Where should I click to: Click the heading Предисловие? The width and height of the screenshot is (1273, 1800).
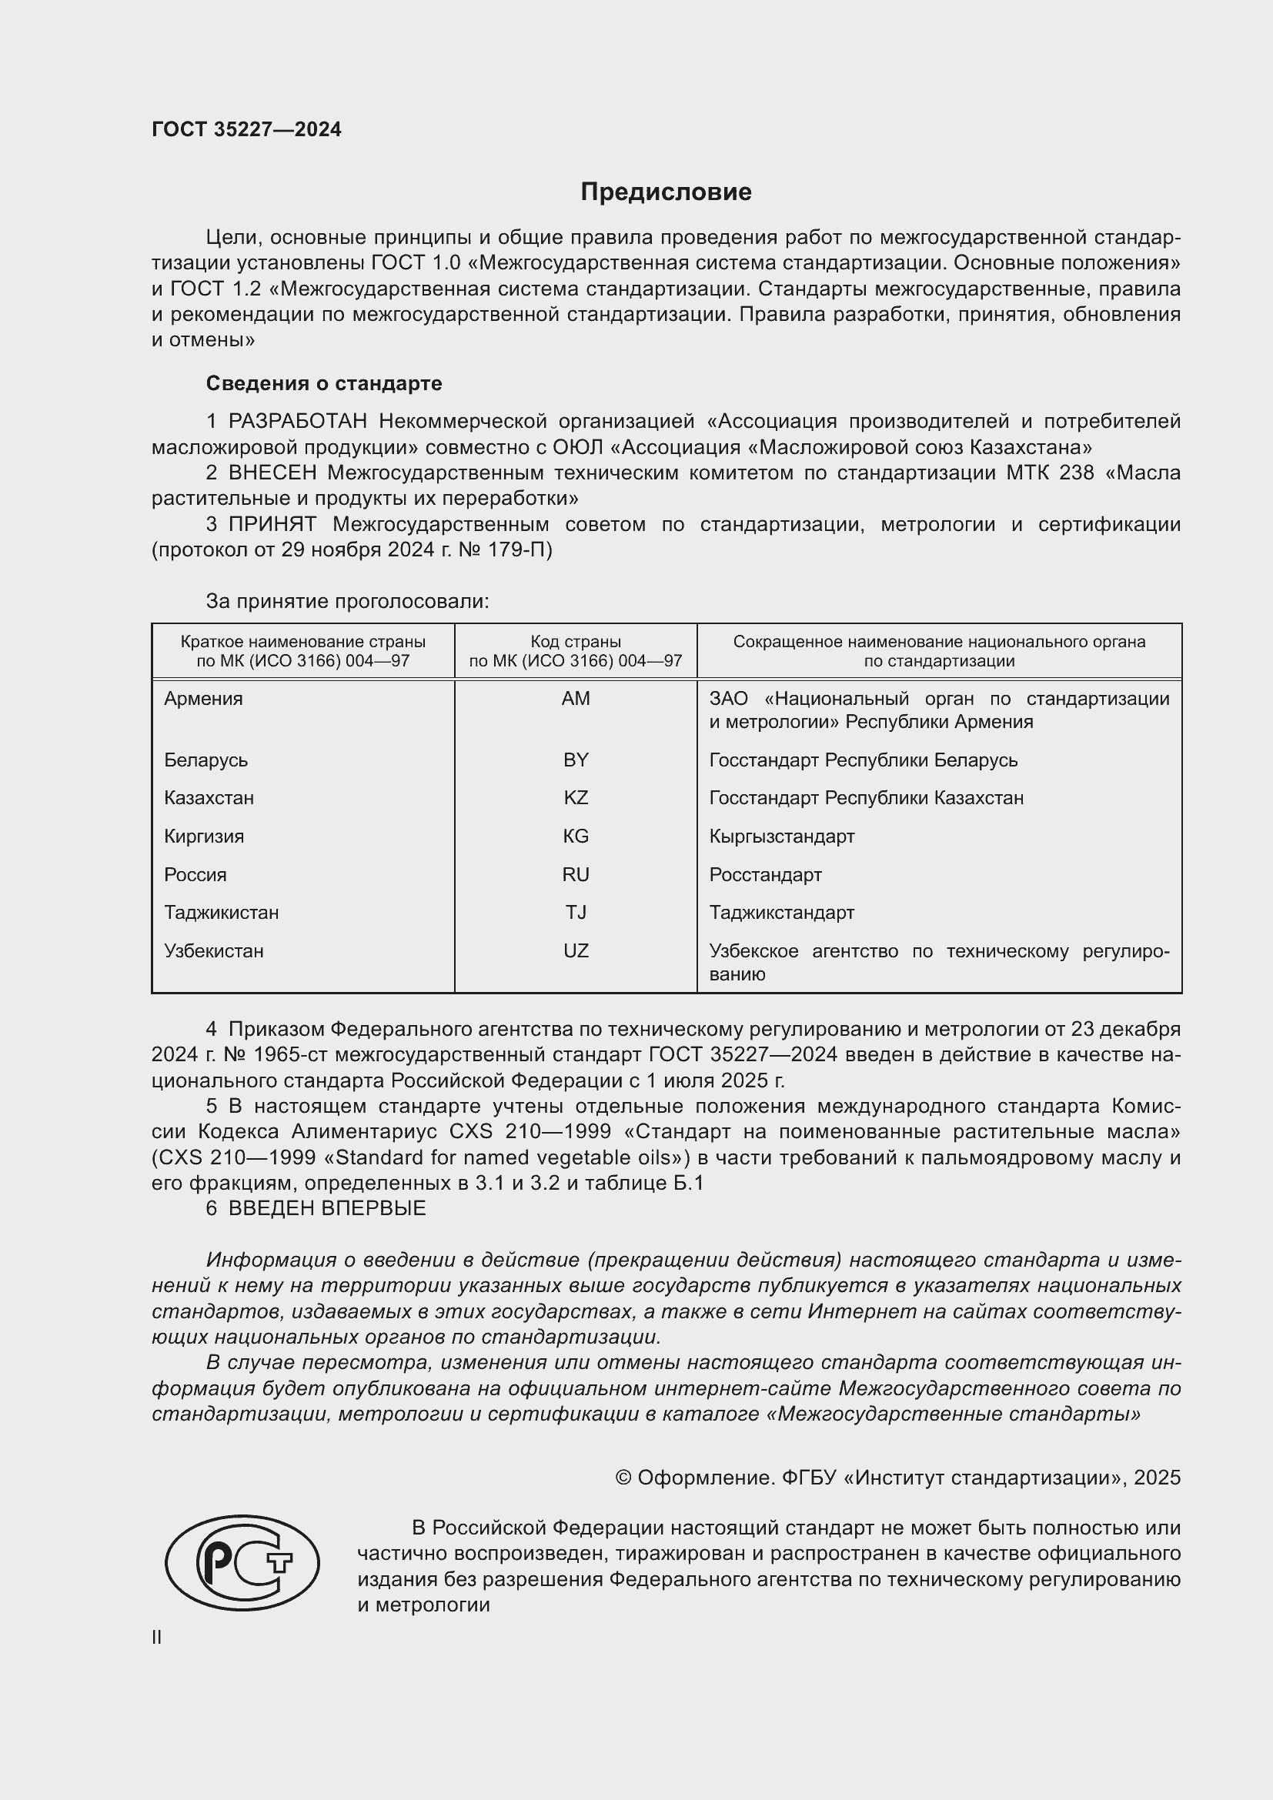[x=666, y=192]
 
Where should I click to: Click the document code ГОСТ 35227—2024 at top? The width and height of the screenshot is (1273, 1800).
[x=246, y=129]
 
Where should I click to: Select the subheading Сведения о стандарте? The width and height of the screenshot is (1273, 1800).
[x=324, y=383]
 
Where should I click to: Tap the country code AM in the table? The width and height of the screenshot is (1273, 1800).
[x=576, y=699]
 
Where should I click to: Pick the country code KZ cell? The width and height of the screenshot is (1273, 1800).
[x=576, y=798]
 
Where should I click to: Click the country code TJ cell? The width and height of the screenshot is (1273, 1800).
[x=576, y=913]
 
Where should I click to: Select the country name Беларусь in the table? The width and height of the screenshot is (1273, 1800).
[x=205, y=760]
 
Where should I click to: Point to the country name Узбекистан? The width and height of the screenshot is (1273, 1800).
[x=213, y=951]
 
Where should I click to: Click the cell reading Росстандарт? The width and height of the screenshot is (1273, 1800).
[x=765, y=874]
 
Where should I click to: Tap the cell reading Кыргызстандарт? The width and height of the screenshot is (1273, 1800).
[x=781, y=837]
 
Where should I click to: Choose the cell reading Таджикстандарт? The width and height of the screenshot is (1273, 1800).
[x=781, y=913]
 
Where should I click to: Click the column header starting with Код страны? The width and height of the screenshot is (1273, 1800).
[x=576, y=651]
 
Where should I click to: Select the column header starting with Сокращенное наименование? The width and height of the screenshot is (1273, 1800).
[x=939, y=651]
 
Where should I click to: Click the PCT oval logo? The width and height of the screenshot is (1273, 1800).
[x=242, y=1562]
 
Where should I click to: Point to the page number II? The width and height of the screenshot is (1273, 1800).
[x=157, y=1638]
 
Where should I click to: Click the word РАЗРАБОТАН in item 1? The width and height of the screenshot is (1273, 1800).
[x=297, y=422]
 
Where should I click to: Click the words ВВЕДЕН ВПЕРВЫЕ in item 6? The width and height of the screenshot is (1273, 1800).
[x=327, y=1208]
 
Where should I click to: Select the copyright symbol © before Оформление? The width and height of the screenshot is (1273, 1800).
[x=623, y=1478]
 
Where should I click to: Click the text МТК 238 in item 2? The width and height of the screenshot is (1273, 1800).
[x=1050, y=473]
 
